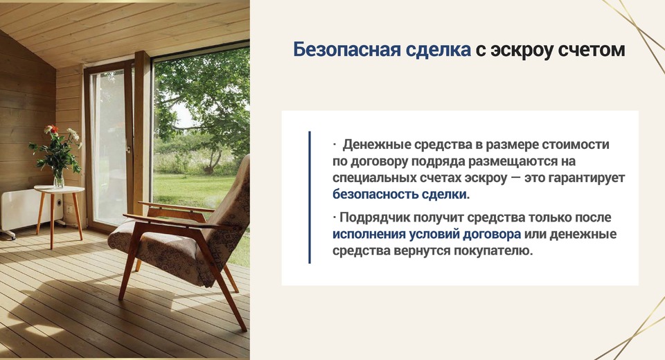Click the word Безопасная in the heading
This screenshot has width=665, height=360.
pos(346,50)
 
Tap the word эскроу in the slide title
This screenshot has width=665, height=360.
pos(520,51)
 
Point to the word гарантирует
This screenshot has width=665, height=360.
pos(587,178)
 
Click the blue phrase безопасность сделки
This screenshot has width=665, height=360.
pos(399,195)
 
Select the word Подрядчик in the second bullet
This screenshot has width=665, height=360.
pos(374,217)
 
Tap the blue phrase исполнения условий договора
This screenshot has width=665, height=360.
pos(426,235)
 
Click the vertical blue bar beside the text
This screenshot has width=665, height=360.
pos(310,197)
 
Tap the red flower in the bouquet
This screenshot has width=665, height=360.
pos(51,129)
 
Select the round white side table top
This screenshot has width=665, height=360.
pos(60,189)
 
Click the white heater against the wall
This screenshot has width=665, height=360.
pos(26,210)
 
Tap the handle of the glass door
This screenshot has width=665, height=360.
pos(129,150)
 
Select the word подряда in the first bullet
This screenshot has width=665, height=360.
pos(438,161)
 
